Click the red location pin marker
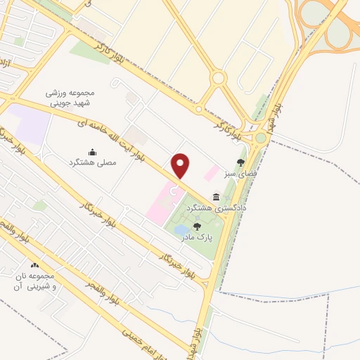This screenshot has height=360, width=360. point(181,165)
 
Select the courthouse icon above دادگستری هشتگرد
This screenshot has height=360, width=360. point(214,196)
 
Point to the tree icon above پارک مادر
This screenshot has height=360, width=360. point(198,226)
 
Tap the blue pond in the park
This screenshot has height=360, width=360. point(181,230)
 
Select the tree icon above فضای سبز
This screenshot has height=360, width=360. point(240,162)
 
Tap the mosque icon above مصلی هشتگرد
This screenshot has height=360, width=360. point(91,152)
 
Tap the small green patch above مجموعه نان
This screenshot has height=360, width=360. point(40,205)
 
